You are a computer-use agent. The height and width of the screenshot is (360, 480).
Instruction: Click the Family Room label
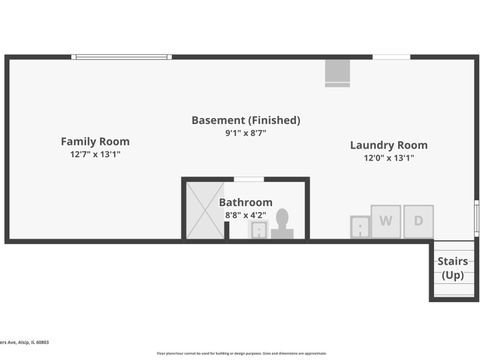95,141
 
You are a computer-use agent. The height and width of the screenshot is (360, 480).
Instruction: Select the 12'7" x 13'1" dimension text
95,154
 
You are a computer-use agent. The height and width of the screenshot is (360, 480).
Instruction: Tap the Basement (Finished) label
245,120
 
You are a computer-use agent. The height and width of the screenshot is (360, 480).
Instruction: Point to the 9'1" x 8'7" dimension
245,133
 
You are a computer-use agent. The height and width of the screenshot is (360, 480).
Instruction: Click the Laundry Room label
388,145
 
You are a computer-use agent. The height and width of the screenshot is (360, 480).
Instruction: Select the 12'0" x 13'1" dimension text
388,158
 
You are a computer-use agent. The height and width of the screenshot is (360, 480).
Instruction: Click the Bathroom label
245,202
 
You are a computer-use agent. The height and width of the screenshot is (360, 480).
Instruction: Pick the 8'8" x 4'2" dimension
245,214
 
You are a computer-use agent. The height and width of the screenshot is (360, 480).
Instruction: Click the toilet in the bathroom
282,224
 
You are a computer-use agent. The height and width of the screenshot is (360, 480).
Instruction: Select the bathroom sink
258,231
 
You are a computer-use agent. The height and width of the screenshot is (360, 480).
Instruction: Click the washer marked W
385,221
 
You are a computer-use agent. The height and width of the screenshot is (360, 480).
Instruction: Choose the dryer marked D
418,221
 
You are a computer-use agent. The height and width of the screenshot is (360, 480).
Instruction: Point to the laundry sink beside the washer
359,227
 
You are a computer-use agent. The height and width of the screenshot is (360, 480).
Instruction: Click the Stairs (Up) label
452,268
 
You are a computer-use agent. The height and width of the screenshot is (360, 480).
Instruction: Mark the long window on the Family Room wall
121,57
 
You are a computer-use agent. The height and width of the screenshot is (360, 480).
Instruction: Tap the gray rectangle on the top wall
338,73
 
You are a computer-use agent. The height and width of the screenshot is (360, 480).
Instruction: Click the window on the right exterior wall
476,218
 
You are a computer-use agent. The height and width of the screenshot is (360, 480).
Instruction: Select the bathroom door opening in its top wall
248,179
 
